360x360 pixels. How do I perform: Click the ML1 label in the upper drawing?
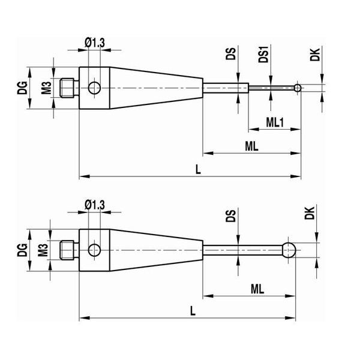[275, 122]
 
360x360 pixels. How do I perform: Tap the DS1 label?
[263, 55]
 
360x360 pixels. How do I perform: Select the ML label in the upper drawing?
[252, 146]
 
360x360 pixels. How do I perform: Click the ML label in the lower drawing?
[257, 289]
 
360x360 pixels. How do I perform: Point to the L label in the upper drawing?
[198, 170]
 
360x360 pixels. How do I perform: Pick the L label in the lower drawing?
[193, 311]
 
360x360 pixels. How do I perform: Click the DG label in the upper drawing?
[23, 88]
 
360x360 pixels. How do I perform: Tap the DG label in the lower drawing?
[23, 250]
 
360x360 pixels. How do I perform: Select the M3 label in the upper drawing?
[47, 88]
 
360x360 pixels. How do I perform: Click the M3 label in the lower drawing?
[43, 250]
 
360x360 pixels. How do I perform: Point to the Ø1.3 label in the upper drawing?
[95, 43]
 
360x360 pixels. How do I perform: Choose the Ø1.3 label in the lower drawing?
[95, 205]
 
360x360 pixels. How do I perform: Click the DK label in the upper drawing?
[315, 55]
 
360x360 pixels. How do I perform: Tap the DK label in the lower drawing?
[310, 213]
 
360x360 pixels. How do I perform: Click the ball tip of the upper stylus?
[298, 88]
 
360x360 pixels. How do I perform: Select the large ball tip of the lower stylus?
[289, 250]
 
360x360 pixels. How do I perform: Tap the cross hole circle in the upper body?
[94, 88]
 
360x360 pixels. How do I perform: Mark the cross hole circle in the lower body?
[94, 250]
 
